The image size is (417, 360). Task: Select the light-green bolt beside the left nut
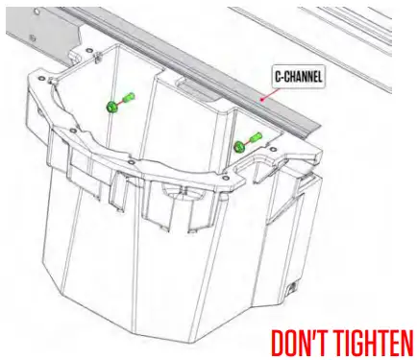pos(128,96)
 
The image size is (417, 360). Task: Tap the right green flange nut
pos(238,146)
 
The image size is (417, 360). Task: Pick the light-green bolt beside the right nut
pos(254,139)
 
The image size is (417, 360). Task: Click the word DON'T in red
pos(306,341)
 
